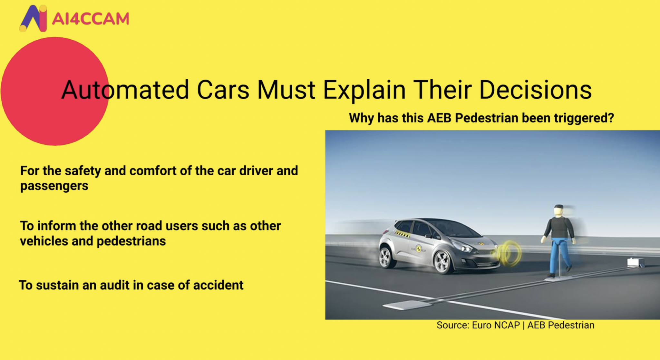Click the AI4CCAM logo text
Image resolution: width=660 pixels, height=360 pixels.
90,19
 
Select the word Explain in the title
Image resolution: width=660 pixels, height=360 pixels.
364,90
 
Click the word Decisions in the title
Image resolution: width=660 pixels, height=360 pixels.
535,90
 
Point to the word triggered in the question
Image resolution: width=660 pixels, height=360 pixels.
584,118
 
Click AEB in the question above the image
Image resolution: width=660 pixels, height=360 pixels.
439,118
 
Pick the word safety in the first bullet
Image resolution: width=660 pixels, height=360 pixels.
83,171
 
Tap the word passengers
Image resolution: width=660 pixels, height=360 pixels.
54,186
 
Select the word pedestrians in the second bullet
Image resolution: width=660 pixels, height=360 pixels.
131,241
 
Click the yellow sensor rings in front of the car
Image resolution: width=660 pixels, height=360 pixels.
509,254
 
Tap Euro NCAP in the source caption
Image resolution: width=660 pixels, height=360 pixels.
496,325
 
